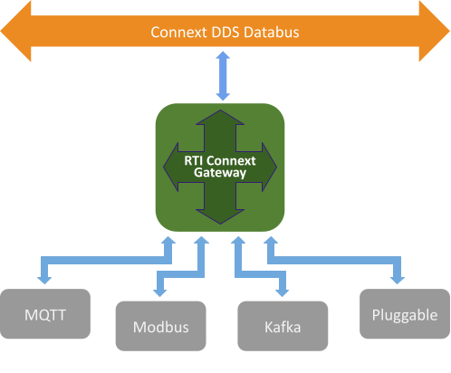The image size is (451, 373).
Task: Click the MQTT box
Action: [46, 316]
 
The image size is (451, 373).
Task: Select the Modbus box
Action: [160, 327]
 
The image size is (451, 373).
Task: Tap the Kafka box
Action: [282, 327]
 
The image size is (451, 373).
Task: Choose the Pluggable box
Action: [404, 316]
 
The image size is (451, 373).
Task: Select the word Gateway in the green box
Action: [220, 172]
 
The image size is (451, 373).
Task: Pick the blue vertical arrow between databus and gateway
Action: [221, 77]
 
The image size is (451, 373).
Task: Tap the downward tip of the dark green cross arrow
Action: [220, 218]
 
